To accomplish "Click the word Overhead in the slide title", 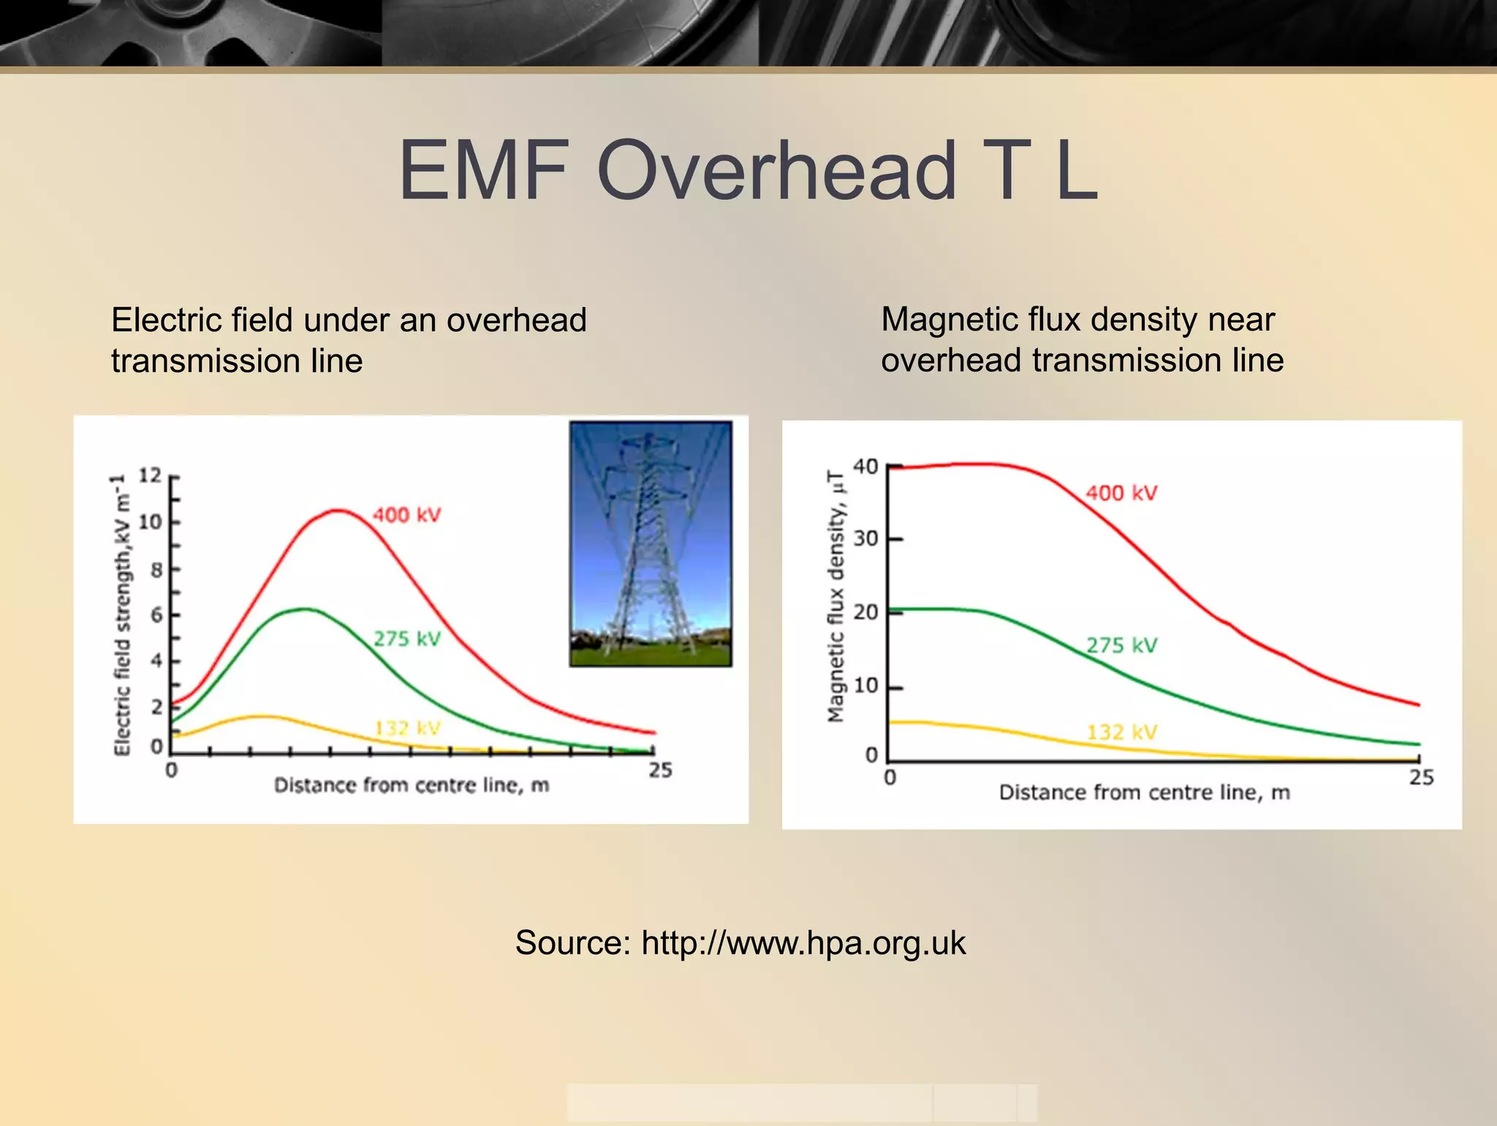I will pos(776,171).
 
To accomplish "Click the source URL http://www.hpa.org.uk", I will pos(803,942).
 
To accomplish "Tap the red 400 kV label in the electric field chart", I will pos(407,515).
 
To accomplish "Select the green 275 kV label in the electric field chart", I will pos(407,638).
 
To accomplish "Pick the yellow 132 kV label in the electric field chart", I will pos(407,728).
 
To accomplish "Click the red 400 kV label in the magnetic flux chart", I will pos(1121,493).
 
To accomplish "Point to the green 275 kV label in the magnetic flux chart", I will pos(1121,645).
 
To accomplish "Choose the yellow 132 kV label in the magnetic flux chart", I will pos(1121,732).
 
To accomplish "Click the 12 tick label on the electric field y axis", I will pos(150,475).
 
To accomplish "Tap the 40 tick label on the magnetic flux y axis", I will pos(865,466).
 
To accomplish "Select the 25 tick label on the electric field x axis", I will pos(660,770).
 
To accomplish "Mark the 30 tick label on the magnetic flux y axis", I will pos(865,539).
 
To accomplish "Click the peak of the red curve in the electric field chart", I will pos(338,510).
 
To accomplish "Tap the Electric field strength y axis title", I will pos(122,614).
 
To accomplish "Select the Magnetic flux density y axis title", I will pos(835,596).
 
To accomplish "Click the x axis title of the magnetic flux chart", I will pos(1144,793).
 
